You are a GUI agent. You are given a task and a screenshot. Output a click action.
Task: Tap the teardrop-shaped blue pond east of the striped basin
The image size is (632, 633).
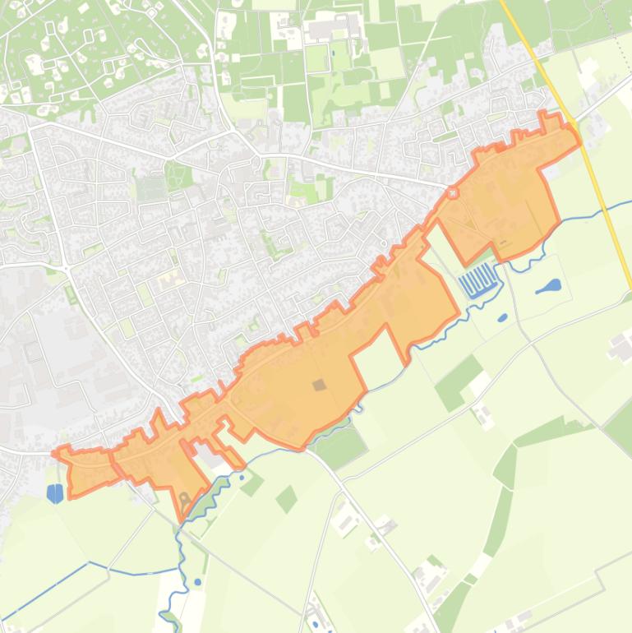tap(548, 287)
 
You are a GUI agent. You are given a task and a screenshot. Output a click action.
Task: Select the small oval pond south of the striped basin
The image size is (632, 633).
tap(502, 317)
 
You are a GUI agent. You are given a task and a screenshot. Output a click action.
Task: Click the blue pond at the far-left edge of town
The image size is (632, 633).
tap(55, 493)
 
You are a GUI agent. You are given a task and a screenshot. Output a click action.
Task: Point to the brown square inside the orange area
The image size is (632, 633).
tap(318, 384)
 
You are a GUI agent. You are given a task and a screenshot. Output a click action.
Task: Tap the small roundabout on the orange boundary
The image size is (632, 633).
tap(451, 193)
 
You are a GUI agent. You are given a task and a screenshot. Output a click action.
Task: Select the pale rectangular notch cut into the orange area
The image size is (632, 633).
tap(378, 355)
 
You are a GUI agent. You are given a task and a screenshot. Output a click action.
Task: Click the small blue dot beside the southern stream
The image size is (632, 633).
tap(198, 582)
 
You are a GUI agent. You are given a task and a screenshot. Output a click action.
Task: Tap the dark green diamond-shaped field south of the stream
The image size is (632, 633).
tap(286, 498)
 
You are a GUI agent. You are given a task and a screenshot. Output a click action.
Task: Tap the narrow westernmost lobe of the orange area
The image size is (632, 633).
tap(82, 471)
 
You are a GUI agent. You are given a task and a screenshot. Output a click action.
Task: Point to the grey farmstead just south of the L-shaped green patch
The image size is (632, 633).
tap(484, 416)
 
